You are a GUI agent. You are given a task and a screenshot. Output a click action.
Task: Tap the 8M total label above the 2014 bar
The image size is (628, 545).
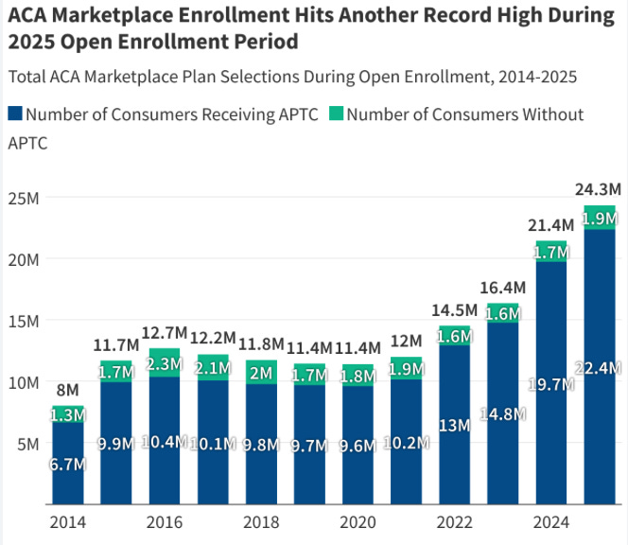(67, 390)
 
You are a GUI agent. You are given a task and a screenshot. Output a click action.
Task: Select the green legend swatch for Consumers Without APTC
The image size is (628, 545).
(336, 114)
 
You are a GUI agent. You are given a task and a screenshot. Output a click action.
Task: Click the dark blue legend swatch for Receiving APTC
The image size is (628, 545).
(15, 114)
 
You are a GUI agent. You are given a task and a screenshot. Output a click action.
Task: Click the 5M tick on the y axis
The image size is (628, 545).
(25, 443)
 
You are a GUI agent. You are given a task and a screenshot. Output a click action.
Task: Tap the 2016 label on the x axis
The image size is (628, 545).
(165, 522)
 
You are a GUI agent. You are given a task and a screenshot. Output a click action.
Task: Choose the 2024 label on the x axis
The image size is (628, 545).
(550, 522)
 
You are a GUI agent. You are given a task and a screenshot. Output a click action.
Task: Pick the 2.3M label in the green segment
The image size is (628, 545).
(165, 362)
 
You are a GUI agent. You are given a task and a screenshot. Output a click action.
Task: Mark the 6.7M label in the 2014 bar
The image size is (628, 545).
(67, 464)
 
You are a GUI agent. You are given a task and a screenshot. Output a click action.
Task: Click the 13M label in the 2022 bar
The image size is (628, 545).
(455, 425)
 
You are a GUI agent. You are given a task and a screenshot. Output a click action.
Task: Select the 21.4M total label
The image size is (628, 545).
(550, 225)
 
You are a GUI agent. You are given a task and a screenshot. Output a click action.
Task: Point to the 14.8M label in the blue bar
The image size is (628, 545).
(502, 413)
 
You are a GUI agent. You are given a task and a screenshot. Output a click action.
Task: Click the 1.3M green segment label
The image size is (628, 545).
(67, 414)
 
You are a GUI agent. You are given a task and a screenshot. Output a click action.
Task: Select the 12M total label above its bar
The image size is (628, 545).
(406, 341)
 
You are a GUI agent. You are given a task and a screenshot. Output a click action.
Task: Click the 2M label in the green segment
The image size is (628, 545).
(261, 373)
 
